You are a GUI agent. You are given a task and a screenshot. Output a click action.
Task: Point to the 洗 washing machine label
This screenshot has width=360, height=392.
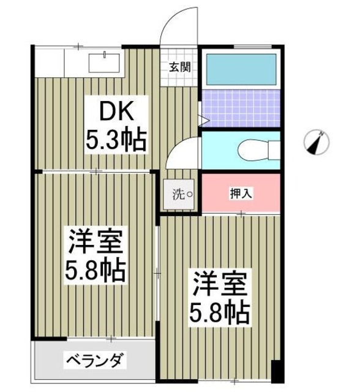tap(178, 195)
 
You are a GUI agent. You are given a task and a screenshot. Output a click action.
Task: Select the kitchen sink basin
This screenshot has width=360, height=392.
tap(106, 62)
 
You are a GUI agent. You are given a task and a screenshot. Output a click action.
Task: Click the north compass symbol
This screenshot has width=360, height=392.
tap(317, 143)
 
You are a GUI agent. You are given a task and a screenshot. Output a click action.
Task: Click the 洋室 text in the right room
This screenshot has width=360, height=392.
tap(220, 284)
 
